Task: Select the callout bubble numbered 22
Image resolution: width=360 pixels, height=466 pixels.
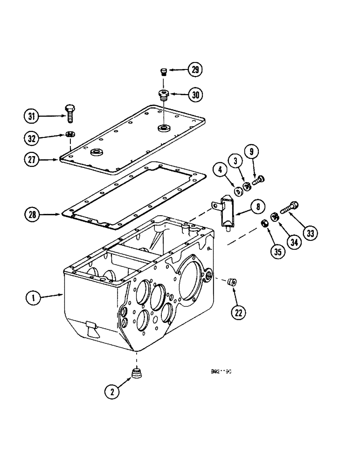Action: [238, 313]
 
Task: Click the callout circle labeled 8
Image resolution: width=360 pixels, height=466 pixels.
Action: [257, 206]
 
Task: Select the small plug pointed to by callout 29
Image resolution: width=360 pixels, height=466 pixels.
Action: [163, 71]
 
